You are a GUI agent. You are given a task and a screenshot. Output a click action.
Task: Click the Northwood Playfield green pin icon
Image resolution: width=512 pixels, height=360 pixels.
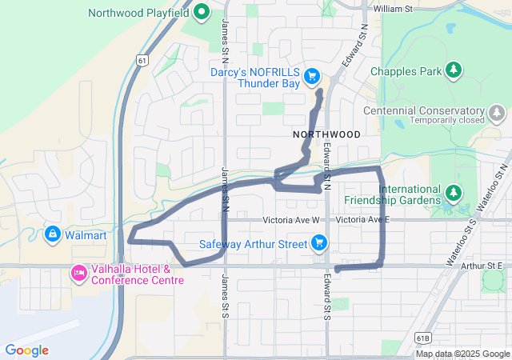coord(202,13)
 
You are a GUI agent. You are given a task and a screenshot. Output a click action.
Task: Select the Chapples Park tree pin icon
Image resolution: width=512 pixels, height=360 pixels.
coord(454,71)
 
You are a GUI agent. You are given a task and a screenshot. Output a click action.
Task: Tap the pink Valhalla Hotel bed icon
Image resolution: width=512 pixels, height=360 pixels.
coord(79,274)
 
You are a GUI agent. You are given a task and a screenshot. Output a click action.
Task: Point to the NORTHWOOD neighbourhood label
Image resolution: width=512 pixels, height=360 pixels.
coord(326,134)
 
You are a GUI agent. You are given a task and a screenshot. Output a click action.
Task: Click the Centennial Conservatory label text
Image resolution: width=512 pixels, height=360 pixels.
coord(424,110)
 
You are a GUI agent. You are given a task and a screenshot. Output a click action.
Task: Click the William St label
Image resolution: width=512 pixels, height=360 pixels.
coord(392,10)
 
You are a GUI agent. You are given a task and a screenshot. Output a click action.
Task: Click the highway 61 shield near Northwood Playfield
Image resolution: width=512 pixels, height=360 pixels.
coord(142,59)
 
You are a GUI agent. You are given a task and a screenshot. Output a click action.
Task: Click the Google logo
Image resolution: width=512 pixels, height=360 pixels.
coord(26,350)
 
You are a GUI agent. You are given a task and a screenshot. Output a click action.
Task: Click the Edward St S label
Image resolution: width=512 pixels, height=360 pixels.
coord(327,295)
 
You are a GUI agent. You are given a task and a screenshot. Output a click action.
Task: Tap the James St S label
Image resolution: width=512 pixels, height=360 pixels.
coord(226,295)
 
